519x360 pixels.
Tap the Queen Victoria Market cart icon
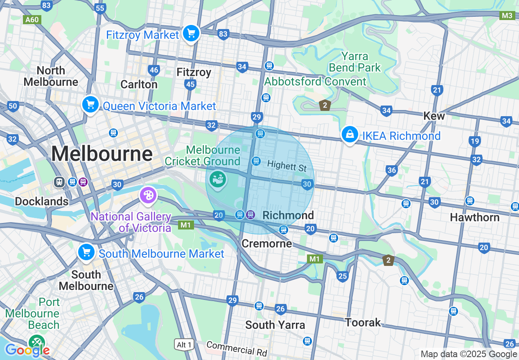coord(90,105)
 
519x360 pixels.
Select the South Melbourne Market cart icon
coord(86,252)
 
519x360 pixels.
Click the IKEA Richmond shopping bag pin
coord(350,135)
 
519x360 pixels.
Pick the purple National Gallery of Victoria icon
coord(147,195)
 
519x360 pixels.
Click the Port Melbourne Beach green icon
coord(36,342)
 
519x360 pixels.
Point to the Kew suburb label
coord(434,116)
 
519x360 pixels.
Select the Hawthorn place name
coord(474,217)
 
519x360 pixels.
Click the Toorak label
coord(363,323)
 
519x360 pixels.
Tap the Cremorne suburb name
coord(267,244)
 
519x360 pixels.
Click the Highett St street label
coord(287,166)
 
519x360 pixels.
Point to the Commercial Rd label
coord(237,349)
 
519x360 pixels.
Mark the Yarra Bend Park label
coord(355,62)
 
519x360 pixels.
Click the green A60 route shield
coord(32,20)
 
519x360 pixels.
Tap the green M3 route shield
coord(507,16)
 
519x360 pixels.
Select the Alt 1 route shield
coord(184,345)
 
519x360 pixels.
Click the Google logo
coord(27,350)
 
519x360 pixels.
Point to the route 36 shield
coord(391,170)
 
